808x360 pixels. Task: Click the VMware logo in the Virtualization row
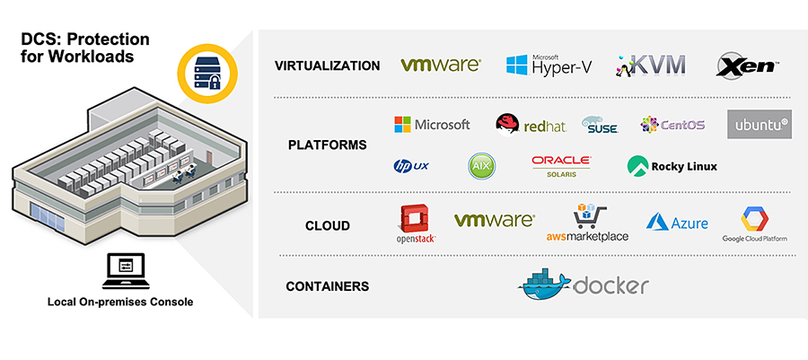pyautogui.click(x=441, y=65)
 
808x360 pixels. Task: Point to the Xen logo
pyautogui.click(x=747, y=65)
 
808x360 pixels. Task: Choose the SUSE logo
pyautogui.click(x=600, y=125)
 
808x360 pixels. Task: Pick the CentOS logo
pyautogui.click(x=672, y=124)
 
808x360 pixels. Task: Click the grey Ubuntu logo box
pyautogui.click(x=759, y=124)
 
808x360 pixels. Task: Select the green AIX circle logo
pyautogui.click(x=481, y=166)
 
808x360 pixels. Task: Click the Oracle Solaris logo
pyautogui.click(x=561, y=165)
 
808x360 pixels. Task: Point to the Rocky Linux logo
pyautogui.click(x=672, y=166)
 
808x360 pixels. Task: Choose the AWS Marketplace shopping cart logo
pyautogui.click(x=587, y=224)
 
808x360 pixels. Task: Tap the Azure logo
pyautogui.click(x=677, y=223)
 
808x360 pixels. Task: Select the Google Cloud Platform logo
pyautogui.click(x=754, y=224)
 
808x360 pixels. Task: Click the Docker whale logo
pyautogui.click(x=584, y=285)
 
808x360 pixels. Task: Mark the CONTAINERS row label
pyautogui.click(x=327, y=286)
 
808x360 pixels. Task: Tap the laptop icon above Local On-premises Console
pyautogui.click(x=125, y=267)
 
